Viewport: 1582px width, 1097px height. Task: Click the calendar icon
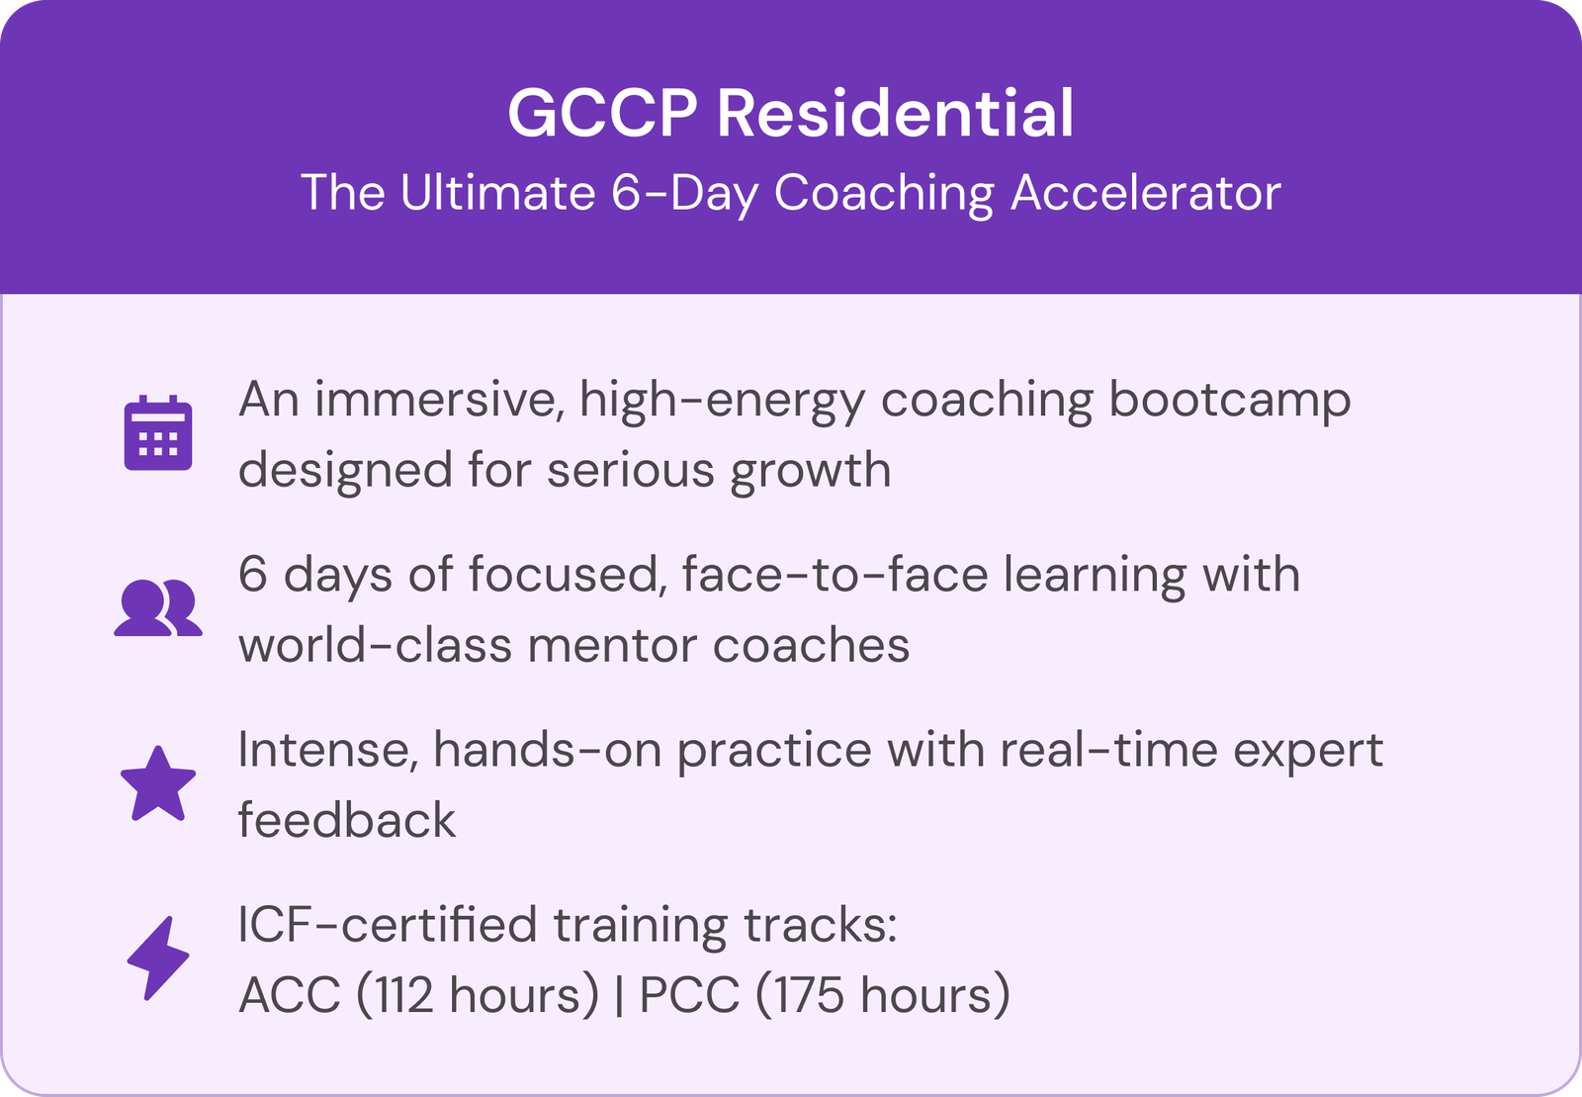tap(158, 432)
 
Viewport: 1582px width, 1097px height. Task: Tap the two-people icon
tap(158, 607)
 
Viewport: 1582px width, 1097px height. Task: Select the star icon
tap(158, 783)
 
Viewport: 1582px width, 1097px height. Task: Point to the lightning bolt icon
tap(158, 958)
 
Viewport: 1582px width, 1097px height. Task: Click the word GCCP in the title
tap(603, 113)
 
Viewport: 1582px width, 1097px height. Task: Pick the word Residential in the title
tap(896, 113)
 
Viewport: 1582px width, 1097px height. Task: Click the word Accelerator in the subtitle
tap(1146, 192)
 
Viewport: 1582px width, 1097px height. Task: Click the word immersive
tap(439, 400)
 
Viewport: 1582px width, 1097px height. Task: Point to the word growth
tap(811, 472)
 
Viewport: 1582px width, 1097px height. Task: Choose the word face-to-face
tap(835, 574)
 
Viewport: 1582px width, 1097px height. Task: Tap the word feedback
tap(347, 819)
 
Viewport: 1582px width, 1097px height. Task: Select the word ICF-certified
tap(387, 924)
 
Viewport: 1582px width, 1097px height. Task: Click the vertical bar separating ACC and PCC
tap(619, 994)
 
